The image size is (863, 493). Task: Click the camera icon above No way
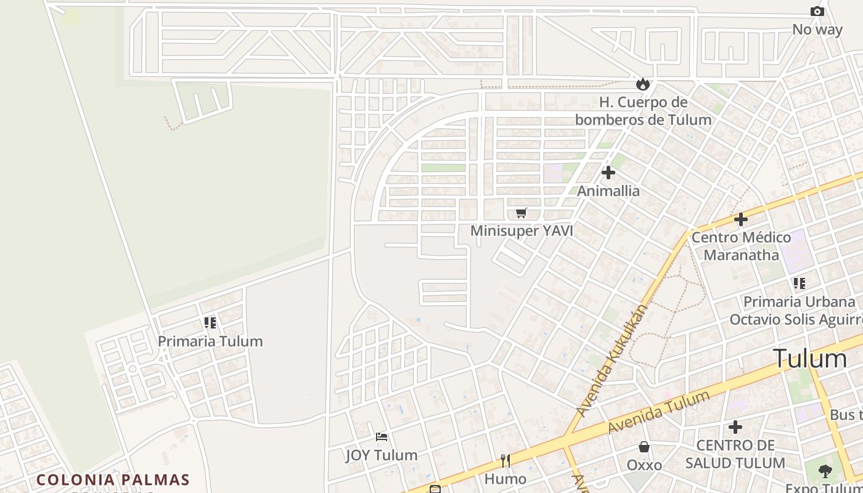pyautogui.click(x=817, y=12)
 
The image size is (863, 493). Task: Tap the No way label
pyautogui.click(x=817, y=30)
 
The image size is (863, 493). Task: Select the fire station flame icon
pyautogui.click(x=643, y=84)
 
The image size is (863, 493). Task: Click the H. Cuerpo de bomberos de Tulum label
pyautogui.click(x=643, y=111)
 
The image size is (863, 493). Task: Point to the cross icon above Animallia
pyautogui.click(x=608, y=173)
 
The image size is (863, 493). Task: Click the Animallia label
pyautogui.click(x=608, y=191)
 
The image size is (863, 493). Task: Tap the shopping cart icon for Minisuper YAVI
pyautogui.click(x=521, y=213)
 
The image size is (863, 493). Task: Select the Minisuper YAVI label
pyautogui.click(x=521, y=231)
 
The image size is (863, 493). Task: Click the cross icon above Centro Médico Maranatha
pyautogui.click(x=741, y=219)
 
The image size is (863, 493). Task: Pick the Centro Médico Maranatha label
pyautogui.click(x=741, y=246)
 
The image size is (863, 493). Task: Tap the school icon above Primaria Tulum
pyautogui.click(x=210, y=322)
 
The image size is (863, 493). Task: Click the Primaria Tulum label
pyautogui.click(x=210, y=341)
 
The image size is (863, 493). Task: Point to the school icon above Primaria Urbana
pyautogui.click(x=800, y=283)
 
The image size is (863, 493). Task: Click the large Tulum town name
pyautogui.click(x=810, y=359)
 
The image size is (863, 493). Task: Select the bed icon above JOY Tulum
pyautogui.click(x=382, y=437)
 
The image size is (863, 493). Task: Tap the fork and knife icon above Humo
pyautogui.click(x=505, y=461)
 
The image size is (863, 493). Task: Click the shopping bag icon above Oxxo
pyautogui.click(x=644, y=447)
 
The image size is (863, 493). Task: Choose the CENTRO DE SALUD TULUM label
pyautogui.click(x=735, y=454)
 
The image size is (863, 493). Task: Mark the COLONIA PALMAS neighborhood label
pyautogui.click(x=113, y=479)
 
